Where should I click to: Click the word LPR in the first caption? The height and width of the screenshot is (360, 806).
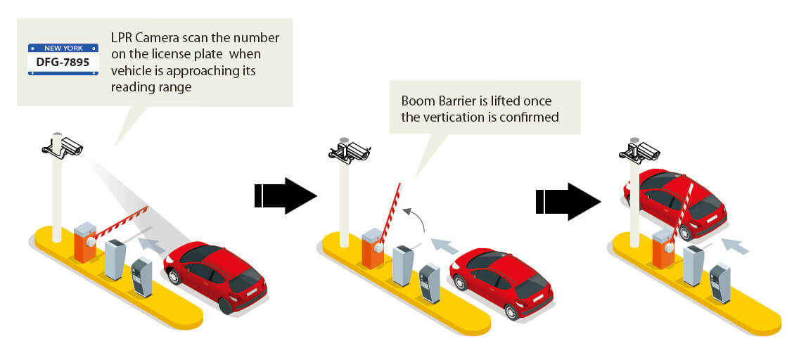123,37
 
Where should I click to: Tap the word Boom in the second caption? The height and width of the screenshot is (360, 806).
416,101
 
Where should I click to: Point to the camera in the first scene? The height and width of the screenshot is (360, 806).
64,145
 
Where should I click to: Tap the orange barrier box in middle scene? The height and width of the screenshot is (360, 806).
373,248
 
